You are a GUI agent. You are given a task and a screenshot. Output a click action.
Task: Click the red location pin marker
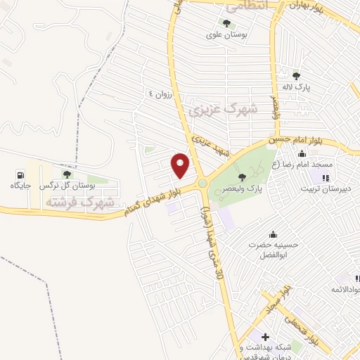point(181,165)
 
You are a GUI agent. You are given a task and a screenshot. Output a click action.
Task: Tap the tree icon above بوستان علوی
point(226,23)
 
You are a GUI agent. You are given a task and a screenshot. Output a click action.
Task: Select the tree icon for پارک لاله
point(296,76)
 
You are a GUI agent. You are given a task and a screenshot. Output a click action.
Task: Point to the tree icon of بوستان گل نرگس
point(67,174)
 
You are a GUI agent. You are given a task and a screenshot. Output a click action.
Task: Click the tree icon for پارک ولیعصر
point(243,176)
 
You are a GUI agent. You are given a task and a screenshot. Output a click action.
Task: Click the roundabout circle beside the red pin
point(203,184)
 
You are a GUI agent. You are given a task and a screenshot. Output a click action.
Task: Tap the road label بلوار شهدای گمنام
point(152,197)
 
